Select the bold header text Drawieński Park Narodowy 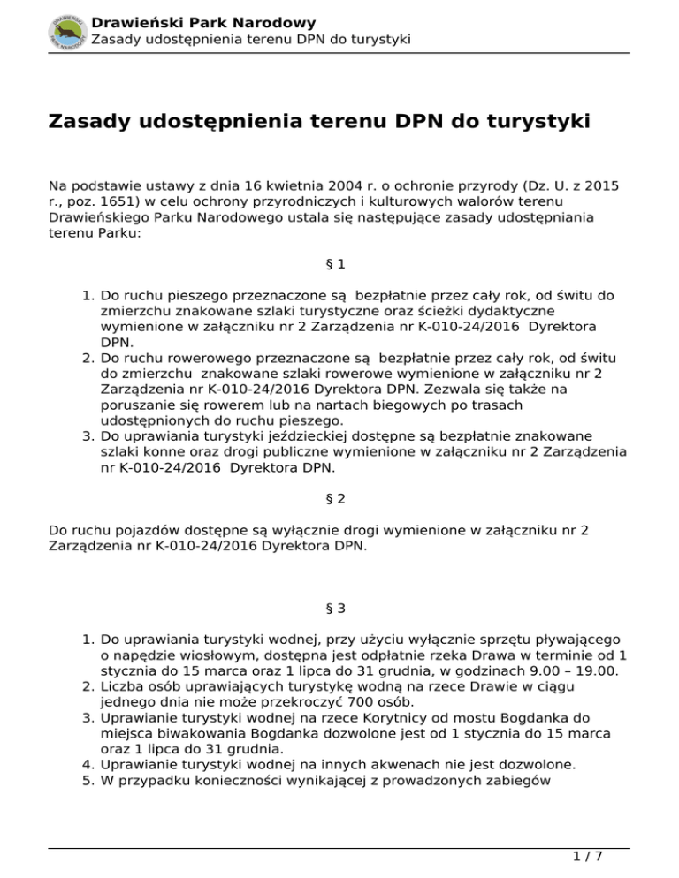click(203, 22)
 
